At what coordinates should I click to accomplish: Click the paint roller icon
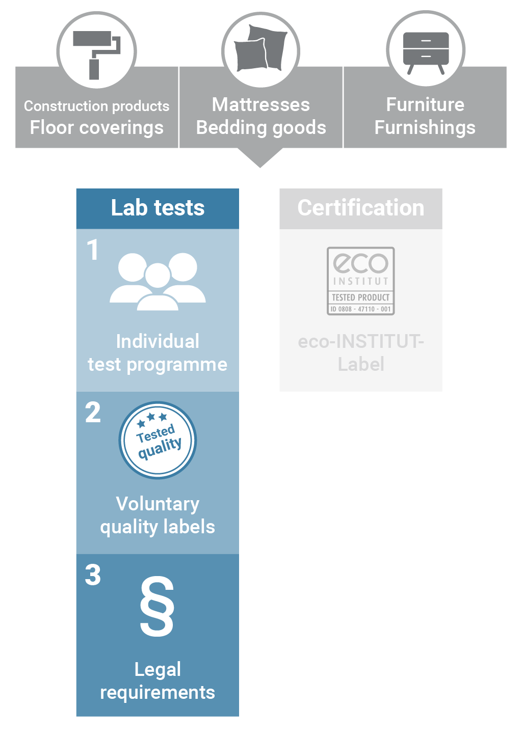96,55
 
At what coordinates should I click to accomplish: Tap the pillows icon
260,48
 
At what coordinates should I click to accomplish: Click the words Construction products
97,106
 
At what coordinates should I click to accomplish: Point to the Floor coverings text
97,127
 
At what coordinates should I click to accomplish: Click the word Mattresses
261,104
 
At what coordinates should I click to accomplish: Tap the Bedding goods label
261,127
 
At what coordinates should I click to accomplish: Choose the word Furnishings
425,127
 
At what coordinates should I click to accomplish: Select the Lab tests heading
158,208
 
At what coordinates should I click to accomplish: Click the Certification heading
361,208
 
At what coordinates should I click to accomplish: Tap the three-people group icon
158,282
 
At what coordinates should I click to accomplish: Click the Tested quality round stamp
158,440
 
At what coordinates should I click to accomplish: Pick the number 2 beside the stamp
93,413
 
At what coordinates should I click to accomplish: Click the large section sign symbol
157,607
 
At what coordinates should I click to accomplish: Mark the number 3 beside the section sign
93,575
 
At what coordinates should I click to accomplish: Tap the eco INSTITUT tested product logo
361,281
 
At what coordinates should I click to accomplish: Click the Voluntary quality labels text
158,515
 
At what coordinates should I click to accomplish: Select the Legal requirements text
158,681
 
